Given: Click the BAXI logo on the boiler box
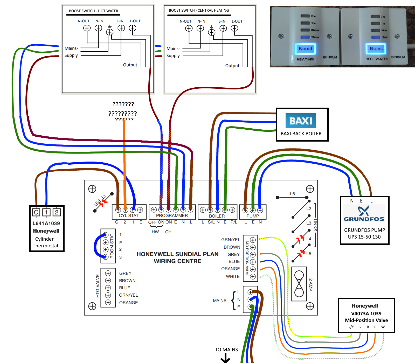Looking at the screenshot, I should (x=301, y=121).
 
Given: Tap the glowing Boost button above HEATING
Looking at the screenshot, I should (x=305, y=49).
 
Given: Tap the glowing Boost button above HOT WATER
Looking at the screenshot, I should (x=376, y=48).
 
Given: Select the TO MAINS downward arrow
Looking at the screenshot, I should (x=225, y=359).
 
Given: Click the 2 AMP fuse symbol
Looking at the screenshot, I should (x=299, y=284).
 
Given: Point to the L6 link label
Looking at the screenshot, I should (x=292, y=194).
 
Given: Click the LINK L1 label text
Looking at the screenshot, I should (x=100, y=200).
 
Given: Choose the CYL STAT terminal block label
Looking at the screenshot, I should (x=129, y=215).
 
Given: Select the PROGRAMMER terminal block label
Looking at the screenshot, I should (x=172, y=215).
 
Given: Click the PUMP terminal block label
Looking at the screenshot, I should (x=253, y=216).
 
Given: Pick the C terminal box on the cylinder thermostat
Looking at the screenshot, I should (x=36, y=212).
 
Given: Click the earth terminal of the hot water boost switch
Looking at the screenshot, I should (x=110, y=32).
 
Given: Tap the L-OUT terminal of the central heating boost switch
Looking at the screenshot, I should (x=234, y=28).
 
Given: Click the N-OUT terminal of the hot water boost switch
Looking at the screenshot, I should (x=87, y=28).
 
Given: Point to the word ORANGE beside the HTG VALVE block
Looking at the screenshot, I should (x=128, y=303).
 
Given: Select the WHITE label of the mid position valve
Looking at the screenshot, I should (x=233, y=276).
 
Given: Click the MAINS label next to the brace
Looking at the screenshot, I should (x=219, y=301).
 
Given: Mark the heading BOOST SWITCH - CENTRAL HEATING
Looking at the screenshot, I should (x=199, y=10).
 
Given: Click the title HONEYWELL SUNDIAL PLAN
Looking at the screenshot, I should (x=177, y=254).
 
